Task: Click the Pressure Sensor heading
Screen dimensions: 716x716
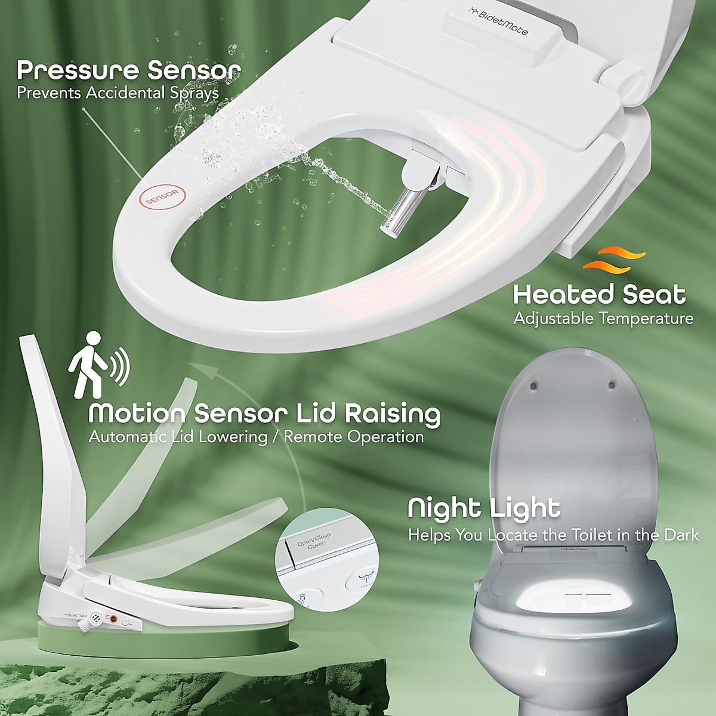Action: coord(129,70)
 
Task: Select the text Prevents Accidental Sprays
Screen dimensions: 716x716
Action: coord(118,93)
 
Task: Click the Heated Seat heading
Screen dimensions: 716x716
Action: coord(599,295)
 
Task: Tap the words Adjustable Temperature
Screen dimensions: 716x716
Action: coord(603,318)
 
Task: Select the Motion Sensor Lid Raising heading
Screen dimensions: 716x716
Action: coord(264,413)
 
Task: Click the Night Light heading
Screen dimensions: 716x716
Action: coord(484,508)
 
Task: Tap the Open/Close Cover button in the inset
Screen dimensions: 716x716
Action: coord(311,550)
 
